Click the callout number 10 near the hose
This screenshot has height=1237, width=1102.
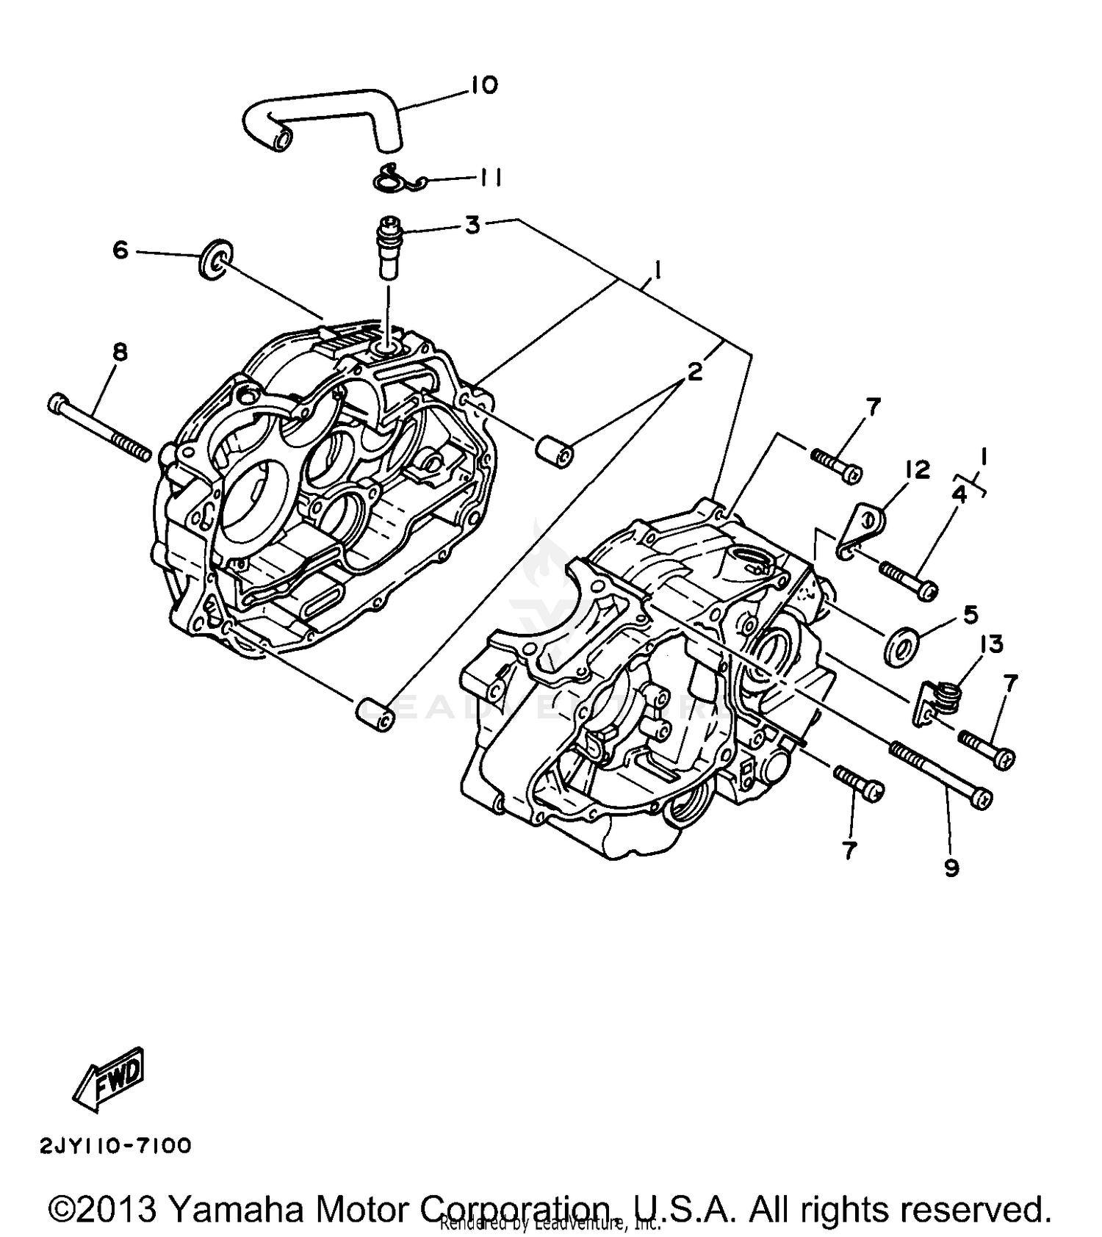tap(484, 85)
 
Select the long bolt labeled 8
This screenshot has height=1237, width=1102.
tap(99, 428)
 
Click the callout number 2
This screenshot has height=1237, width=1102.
tap(694, 371)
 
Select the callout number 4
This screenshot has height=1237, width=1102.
tap(959, 494)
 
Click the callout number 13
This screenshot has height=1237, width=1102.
tap(991, 644)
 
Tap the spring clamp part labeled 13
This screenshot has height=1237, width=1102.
tap(940, 698)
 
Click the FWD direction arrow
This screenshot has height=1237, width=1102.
tap(110, 1078)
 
